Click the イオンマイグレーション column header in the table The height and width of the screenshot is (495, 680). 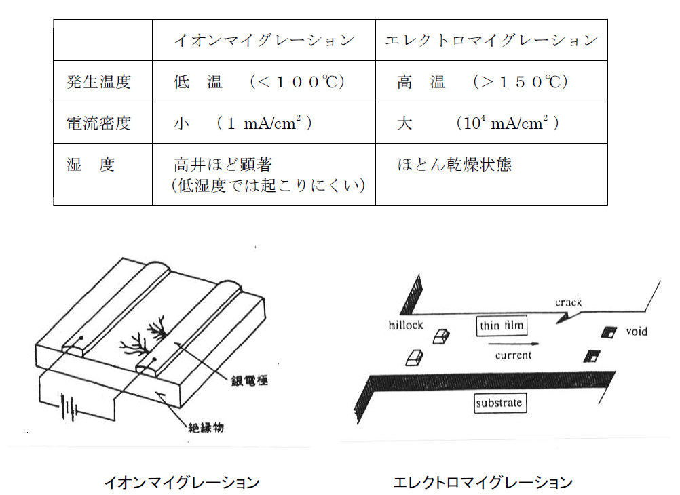pyautogui.click(x=264, y=41)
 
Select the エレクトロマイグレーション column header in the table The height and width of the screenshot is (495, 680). pyautogui.click(x=491, y=41)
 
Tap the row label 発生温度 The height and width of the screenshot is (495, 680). pyautogui.click(x=98, y=83)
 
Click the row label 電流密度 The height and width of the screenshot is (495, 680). pyautogui.click(x=98, y=123)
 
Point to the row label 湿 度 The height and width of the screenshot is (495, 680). pyautogui.click(x=91, y=165)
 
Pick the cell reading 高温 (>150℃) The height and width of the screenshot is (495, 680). pyautogui.click(x=483, y=83)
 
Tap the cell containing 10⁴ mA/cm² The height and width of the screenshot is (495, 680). pyautogui.click(x=478, y=123)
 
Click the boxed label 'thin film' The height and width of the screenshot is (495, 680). pyautogui.click(x=502, y=326)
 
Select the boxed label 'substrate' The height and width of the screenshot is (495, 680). pyautogui.click(x=499, y=403)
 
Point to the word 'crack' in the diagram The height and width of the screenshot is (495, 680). pyautogui.click(x=568, y=302)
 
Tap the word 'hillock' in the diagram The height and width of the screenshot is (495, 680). pyautogui.click(x=406, y=325)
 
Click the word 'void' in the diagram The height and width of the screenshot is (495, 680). pyautogui.click(x=637, y=332)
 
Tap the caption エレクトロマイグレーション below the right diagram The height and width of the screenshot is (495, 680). pyautogui.click(x=483, y=483)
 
